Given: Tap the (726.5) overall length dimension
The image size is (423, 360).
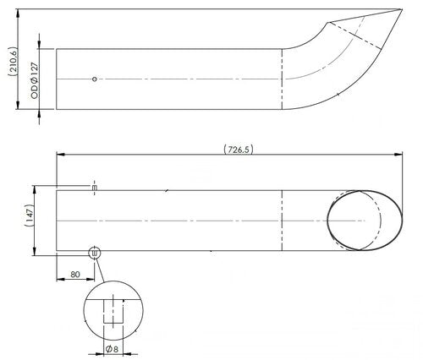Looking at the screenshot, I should (x=238, y=150).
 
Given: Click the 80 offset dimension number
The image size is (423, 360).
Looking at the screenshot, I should (x=77, y=274).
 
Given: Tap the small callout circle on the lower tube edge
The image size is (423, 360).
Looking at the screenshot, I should (x=94, y=251).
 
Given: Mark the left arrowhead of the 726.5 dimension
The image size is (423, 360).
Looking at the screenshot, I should (x=60, y=154).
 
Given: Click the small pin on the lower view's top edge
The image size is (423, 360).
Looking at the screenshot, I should (x=95, y=187).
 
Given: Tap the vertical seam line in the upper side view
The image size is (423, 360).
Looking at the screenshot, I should (x=282, y=78).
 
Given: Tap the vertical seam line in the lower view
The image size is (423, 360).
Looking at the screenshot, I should (x=282, y=218).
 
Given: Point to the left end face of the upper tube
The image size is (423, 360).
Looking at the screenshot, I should (x=56, y=78).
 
